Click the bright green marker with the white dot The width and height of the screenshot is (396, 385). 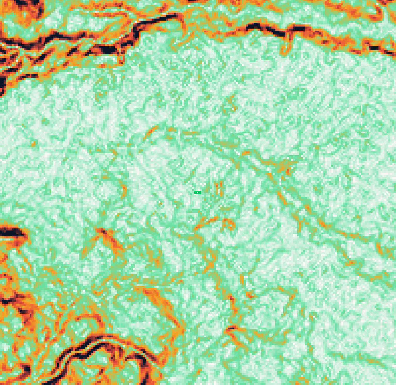[197, 192]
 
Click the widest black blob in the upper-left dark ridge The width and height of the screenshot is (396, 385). [109, 50]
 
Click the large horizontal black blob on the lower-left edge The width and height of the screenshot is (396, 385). [12, 232]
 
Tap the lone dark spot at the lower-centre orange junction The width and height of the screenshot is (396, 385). [231, 328]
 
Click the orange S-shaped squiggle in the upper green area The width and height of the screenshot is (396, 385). [231, 104]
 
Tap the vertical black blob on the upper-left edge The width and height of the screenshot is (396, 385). [3, 84]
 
